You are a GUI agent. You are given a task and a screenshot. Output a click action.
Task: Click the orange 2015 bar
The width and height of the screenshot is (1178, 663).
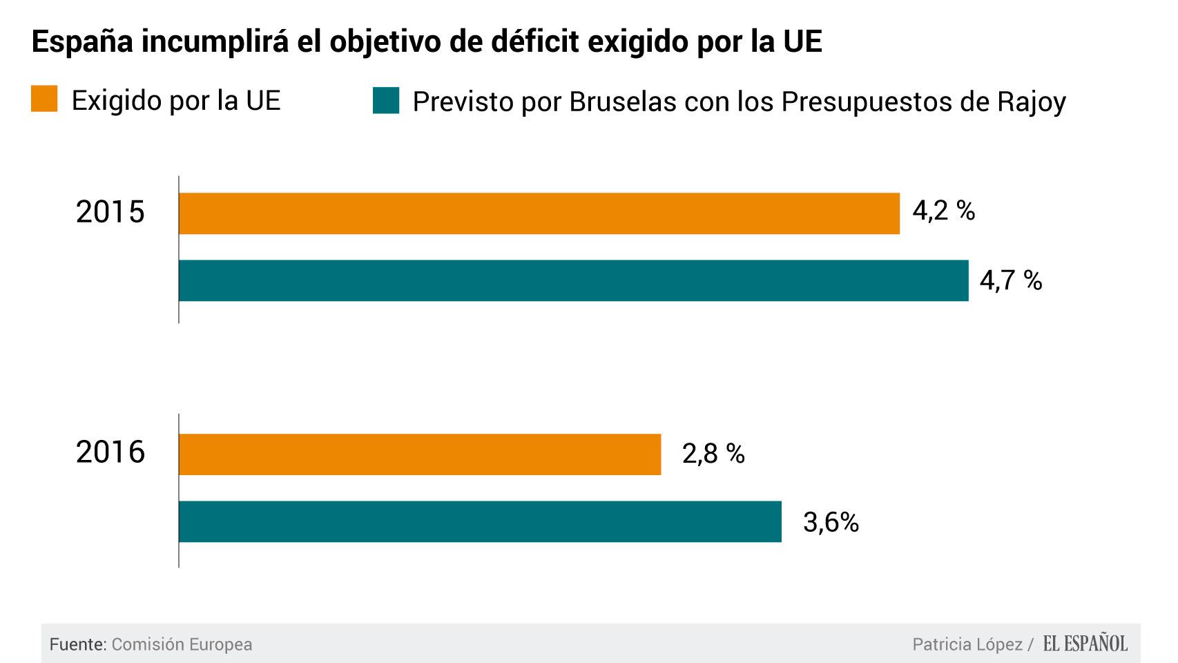click(539, 213)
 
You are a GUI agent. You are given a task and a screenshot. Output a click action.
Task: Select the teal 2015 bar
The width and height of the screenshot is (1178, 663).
click(573, 280)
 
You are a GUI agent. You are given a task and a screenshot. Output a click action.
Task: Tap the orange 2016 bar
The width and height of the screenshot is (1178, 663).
click(420, 454)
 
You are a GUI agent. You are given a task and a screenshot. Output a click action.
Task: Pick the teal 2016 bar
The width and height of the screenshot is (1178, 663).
click(480, 521)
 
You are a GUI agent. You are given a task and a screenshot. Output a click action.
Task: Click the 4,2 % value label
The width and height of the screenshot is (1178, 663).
click(943, 211)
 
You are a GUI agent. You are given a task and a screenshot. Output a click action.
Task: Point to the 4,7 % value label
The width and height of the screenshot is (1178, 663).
click(1010, 280)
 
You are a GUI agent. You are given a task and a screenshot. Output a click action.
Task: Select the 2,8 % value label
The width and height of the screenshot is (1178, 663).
click(713, 454)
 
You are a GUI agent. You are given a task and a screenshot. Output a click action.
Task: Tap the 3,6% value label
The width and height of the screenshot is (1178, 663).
click(831, 523)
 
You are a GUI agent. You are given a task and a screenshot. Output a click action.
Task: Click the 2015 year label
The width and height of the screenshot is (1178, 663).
click(110, 212)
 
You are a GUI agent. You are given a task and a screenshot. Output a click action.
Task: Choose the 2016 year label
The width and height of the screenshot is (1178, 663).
click(110, 452)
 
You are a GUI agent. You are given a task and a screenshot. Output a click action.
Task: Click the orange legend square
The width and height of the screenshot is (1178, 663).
click(44, 99)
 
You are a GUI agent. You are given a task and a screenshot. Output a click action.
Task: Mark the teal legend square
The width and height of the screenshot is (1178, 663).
click(386, 100)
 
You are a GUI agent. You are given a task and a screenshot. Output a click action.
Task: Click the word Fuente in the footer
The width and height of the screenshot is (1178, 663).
click(76, 644)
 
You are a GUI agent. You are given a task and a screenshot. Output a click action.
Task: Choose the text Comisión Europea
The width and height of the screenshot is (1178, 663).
click(182, 644)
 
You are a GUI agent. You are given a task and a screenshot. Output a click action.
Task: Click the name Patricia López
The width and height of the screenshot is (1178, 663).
click(967, 644)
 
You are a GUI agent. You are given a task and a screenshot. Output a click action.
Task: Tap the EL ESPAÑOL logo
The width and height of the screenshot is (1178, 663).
click(1085, 644)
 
